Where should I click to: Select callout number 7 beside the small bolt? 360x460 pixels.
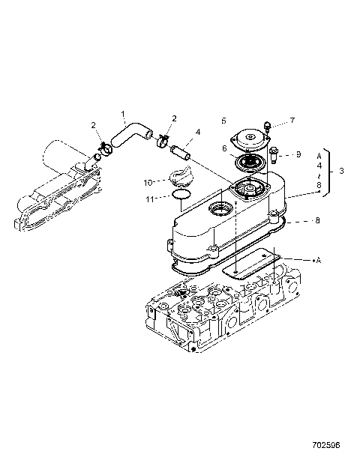point(292,120)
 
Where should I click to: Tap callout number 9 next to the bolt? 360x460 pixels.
point(298,154)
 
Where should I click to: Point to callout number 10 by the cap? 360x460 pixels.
point(148,181)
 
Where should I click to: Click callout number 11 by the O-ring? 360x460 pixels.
point(150,199)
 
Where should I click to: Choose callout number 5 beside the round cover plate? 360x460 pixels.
point(223,120)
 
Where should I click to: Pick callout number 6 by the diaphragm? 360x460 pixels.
point(223,149)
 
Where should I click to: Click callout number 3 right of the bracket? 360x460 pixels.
point(341,171)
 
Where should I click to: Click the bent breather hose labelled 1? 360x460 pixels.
point(131,135)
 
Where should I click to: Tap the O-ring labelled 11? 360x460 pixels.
point(178,196)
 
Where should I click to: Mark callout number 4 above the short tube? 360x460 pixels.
point(198,133)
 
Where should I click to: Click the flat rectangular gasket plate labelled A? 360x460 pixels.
point(255,263)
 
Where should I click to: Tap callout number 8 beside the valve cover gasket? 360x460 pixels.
point(318,221)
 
